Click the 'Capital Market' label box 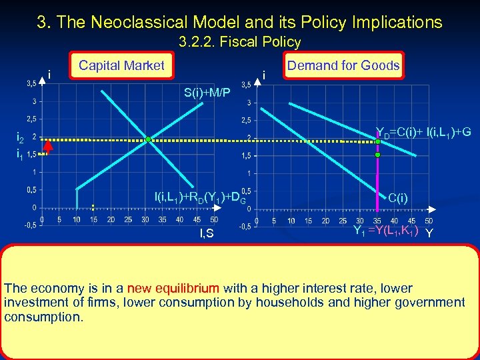click(x=121, y=65)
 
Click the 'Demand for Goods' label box click(x=343, y=65)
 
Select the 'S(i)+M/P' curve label click(x=207, y=91)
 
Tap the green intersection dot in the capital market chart click(x=149, y=139)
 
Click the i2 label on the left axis click(x=20, y=139)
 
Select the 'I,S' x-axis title click(x=206, y=233)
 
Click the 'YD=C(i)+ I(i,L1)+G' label click(x=423, y=133)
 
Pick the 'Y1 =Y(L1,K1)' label click(x=385, y=231)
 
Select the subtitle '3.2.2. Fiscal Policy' click(x=240, y=42)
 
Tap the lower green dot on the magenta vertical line click(x=377, y=155)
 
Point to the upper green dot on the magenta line click(x=377, y=139)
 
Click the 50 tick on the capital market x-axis click(x=213, y=219)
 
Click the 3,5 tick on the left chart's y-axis click(x=31, y=84)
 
